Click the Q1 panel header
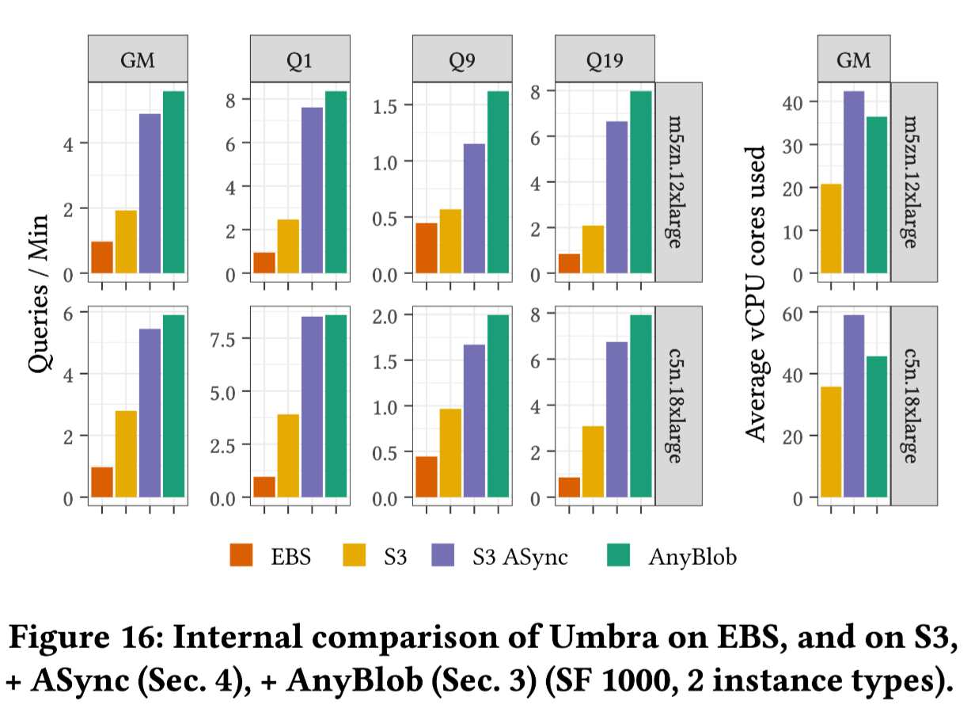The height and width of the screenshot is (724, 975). (300, 60)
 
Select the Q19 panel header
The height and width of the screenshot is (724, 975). (605, 60)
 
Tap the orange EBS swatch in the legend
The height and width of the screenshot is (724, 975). (241, 556)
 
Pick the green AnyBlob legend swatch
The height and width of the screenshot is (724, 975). (617, 556)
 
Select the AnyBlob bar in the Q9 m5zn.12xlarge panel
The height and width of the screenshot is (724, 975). (498, 182)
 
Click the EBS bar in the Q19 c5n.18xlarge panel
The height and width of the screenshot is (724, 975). (569, 487)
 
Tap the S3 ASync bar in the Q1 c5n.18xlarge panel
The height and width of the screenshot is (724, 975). (312, 406)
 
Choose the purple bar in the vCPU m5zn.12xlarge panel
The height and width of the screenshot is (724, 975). (854, 182)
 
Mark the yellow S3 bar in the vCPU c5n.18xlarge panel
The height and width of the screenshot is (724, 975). (831, 442)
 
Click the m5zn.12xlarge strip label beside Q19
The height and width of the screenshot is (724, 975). (677, 182)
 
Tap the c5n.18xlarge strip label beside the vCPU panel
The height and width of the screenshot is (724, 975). (913, 405)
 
